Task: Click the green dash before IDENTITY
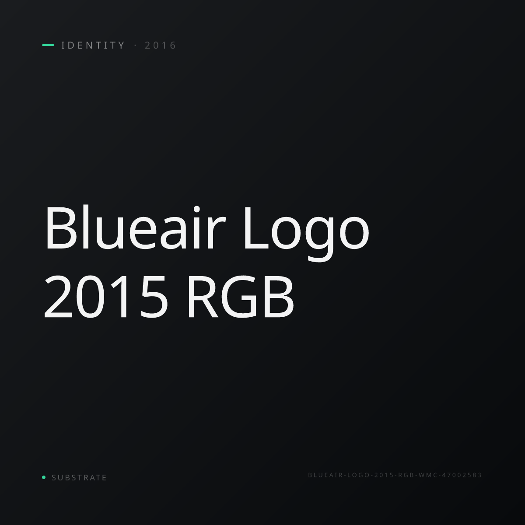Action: tap(48, 45)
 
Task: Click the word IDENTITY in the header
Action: tap(93, 45)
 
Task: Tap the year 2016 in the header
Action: tap(161, 45)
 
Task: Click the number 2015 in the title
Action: tap(106, 297)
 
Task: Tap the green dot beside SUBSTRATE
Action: tap(44, 477)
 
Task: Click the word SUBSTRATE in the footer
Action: tap(79, 478)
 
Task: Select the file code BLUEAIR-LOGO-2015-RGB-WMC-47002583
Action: tap(395, 475)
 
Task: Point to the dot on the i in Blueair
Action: tap(196, 210)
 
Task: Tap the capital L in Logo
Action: tap(257, 228)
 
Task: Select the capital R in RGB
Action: tap(203, 297)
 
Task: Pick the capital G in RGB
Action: tap(239, 297)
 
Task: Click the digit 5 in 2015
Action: tap(154, 297)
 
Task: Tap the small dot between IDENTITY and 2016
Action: tap(135, 45)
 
